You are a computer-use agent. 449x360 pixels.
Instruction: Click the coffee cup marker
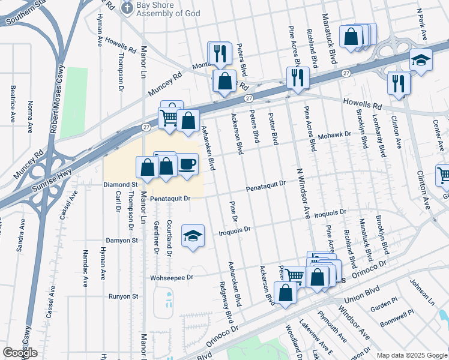[187, 164]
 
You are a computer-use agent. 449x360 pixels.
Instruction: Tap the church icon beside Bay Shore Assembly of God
[127, 7]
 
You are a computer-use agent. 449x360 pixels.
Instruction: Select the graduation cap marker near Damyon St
[193, 236]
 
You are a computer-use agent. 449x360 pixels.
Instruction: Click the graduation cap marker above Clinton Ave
[421, 60]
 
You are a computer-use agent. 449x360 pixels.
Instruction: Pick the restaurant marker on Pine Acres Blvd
[298, 77]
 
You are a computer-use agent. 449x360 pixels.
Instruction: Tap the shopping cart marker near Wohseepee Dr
[294, 276]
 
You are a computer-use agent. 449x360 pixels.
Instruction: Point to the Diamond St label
[121, 185]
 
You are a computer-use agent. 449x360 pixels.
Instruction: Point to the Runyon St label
[123, 296]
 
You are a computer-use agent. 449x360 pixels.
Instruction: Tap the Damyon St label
[122, 240]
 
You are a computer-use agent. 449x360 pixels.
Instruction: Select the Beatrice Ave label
[12, 104]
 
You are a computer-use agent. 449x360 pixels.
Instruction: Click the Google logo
[20, 353]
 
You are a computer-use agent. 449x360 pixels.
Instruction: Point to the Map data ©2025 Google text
[412, 355]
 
